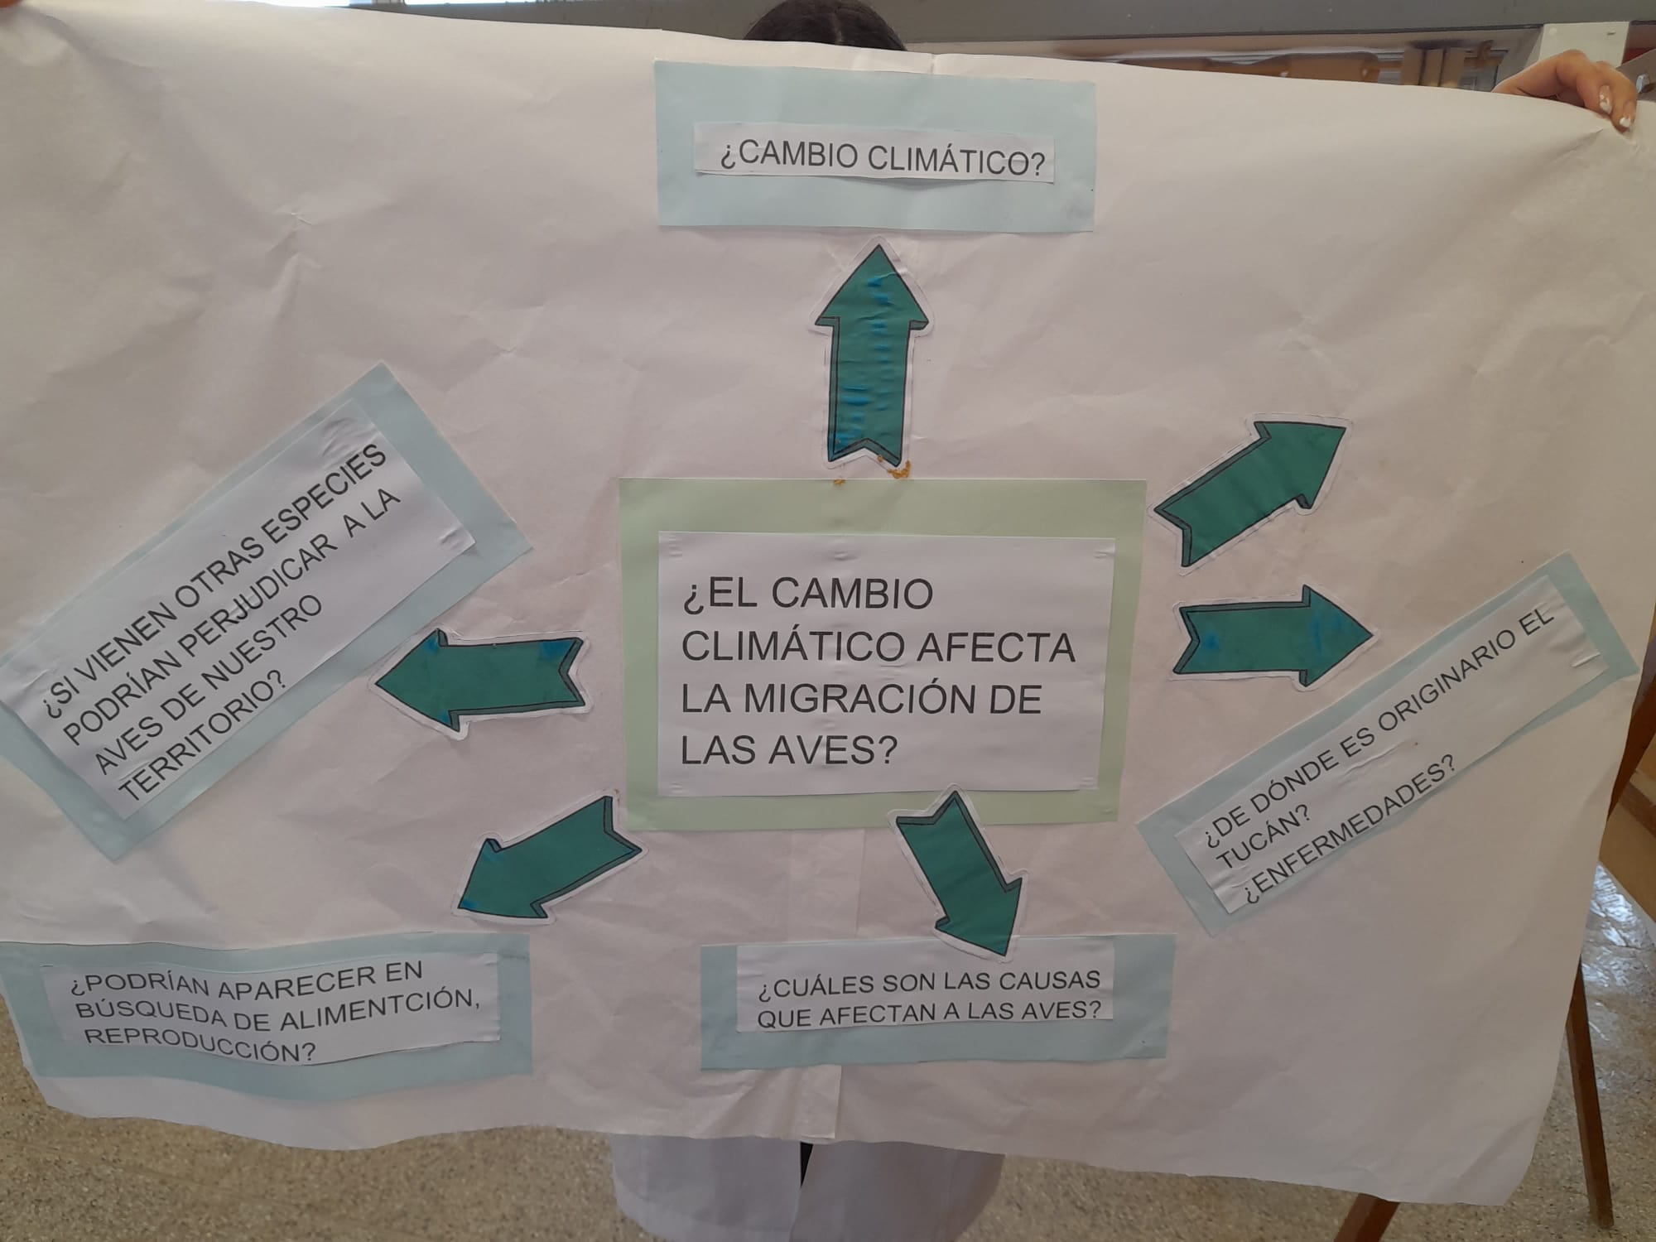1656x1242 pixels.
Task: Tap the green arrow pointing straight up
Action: coord(872,351)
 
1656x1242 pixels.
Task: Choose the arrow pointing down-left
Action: coord(546,857)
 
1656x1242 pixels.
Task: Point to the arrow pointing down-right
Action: coord(960,874)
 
